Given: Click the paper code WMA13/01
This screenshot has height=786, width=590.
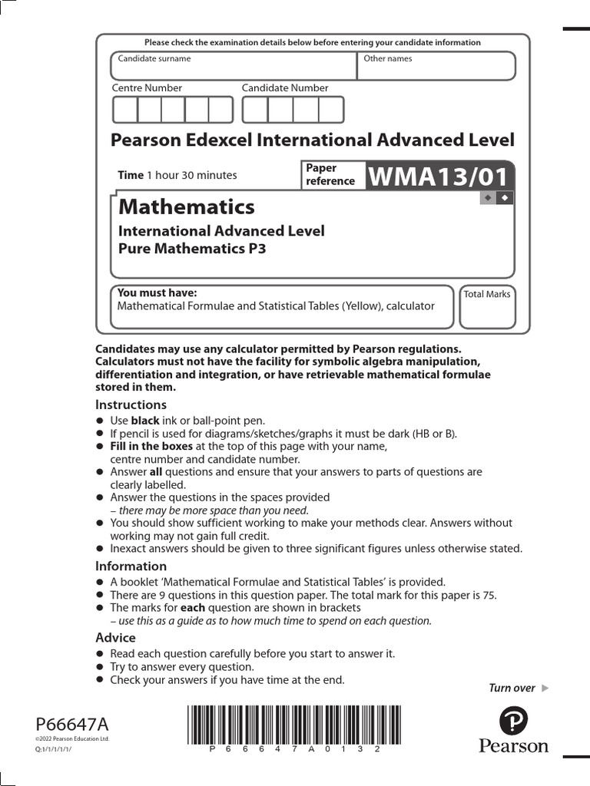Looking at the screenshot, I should [x=439, y=177].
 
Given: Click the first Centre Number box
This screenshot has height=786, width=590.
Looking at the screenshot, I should [x=124, y=111].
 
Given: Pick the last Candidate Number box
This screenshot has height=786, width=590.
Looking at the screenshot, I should [x=331, y=111].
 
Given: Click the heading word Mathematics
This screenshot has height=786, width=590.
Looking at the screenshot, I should [x=186, y=207].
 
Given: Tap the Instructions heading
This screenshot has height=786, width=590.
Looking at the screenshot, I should [x=131, y=405].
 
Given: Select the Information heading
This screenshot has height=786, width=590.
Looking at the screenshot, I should [x=131, y=566].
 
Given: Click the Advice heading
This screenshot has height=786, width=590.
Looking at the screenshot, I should [x=115, y=638].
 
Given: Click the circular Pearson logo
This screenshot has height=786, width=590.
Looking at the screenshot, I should [x=513, y=722].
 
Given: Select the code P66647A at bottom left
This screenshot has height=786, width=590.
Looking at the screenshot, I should [x=72, y=725].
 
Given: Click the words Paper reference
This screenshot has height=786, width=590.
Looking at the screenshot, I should [x=330, y=175].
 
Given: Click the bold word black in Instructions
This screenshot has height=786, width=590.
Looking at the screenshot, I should [x=145, y=421].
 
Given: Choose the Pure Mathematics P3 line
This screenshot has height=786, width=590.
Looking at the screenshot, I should [x=191, y=249].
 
